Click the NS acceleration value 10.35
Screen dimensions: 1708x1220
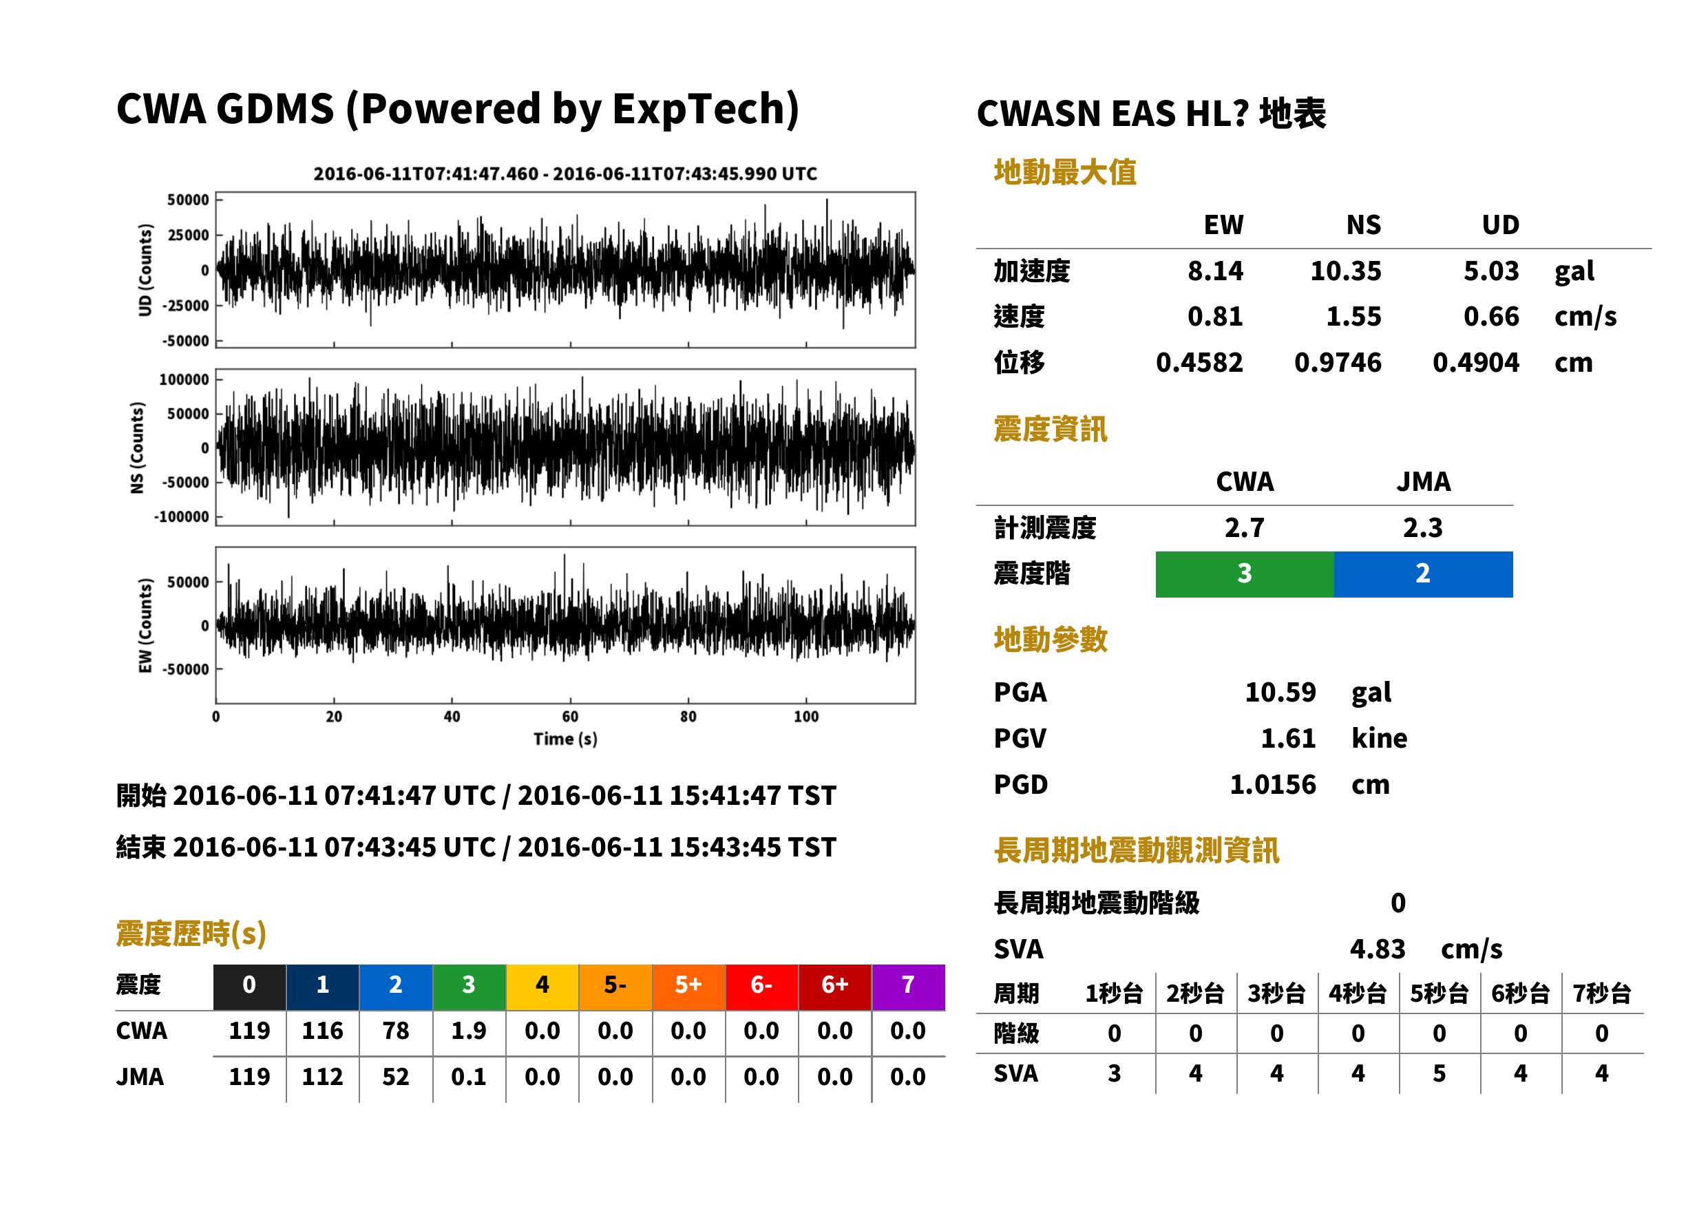(x=1345, y=271)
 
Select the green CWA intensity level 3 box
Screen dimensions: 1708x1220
(x=1245, y=574)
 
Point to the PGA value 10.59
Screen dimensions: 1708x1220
(x=1280, y=692)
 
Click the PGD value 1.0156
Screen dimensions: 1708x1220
(x=1273, y=784)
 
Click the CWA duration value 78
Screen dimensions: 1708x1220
(x=396, y=1031)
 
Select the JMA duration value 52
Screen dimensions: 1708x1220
(x=396, y=1077)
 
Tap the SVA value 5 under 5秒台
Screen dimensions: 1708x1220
(x=1439, y=1073)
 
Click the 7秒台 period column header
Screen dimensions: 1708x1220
(x=1602, y=994)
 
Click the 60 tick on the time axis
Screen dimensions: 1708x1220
(x=570, y=717)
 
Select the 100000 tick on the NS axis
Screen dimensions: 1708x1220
(x=184, y=379)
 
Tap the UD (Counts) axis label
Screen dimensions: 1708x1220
(x=145, y=270)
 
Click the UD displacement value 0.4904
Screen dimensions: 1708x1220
(x=1476, y=363)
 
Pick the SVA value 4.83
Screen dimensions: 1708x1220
(x=1378, y=949)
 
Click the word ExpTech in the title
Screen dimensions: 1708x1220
(x=699, y=109)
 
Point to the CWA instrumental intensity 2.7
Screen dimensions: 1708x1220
(x=1245, y=528)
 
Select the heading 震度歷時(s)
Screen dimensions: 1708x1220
(x=191, y=934)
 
